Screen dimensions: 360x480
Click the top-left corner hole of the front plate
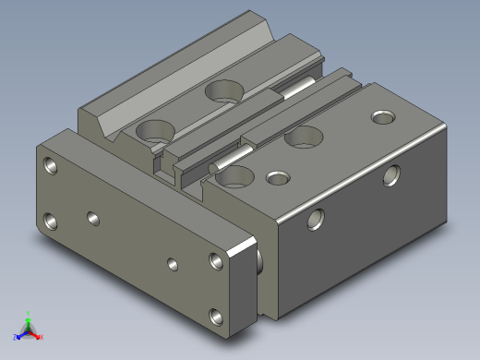[49, 166]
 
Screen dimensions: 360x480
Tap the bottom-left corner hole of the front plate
[49, 222]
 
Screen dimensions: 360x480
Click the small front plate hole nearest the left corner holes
[92, 218]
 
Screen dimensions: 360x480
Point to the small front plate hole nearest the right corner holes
[173, 263]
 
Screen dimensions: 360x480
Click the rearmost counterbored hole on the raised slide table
[222, 90]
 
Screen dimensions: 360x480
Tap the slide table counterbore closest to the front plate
[154, 130]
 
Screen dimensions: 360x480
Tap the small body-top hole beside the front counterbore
[276, 176]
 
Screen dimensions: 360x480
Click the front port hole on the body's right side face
[316, 219]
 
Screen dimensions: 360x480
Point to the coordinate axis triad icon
[28, 328]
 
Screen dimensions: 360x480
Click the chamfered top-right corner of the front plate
[246, 246]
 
